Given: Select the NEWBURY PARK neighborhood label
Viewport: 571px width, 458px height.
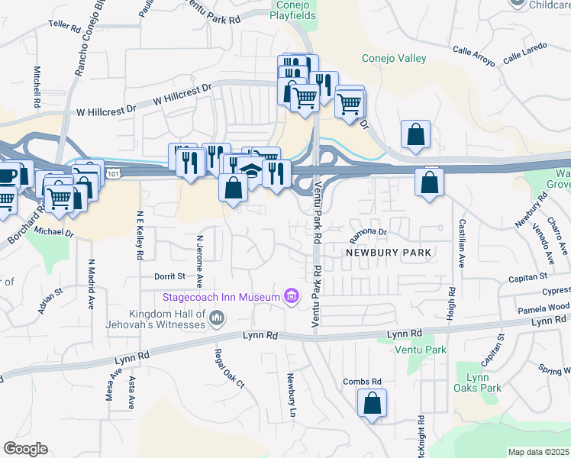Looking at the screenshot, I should tap(389, 252).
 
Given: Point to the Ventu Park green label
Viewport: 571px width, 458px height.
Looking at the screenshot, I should tap(420, 350).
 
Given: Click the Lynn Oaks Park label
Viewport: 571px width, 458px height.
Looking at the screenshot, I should tap(483, 382).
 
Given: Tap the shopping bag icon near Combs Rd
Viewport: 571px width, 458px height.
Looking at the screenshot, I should tap(372, 404).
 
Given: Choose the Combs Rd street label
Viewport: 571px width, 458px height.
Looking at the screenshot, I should tap(362, 382).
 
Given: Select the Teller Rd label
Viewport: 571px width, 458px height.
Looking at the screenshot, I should tap(64, 24).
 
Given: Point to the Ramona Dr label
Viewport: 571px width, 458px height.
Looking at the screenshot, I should tap(369, 231).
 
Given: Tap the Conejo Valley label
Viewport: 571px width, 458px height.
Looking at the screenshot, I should tap(393, 59).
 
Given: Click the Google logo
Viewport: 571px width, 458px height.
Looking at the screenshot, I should tap(25, 449).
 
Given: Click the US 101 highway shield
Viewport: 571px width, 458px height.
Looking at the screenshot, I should tap(113, 174).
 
